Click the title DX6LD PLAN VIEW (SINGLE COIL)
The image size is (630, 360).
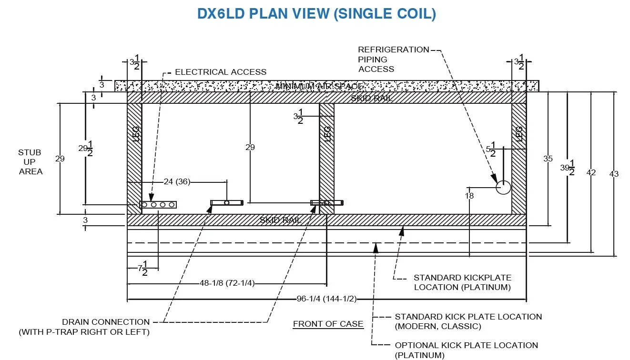tap(316, 14)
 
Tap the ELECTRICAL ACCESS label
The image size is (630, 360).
tap(221, 72)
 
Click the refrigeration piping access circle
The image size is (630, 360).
tap(503, 188)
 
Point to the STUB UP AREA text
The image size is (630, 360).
tap(30, 162)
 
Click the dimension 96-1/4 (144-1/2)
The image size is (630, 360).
tap(326, 299)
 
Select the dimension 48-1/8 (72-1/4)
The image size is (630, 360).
tap(227, 283)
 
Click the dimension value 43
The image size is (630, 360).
tap(614, 174)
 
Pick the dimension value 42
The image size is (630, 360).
tap(591, 172)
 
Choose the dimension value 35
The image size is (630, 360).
tap(548, 159)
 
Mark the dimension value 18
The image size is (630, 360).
tap(470, 195)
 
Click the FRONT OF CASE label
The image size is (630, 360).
tap(328, 324)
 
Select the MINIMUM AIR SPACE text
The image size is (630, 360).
tap(320, 86)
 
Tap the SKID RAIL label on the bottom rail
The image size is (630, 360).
tap(281, 220)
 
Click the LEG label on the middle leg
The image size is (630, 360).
tap(327, 135)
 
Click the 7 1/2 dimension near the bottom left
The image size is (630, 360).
tap(142, 268)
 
